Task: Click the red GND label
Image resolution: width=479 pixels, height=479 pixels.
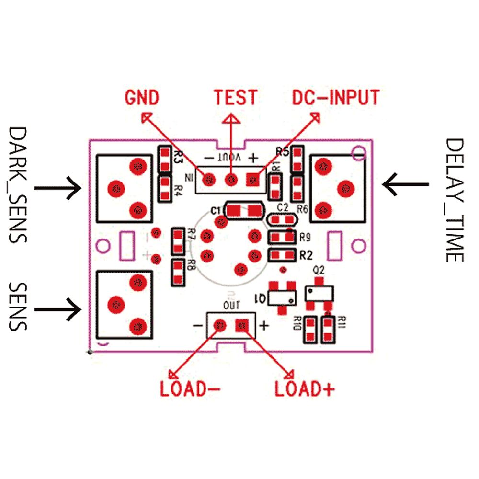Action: [x=141, y=98]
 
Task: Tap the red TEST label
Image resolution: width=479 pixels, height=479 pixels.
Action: [x=235, y=97]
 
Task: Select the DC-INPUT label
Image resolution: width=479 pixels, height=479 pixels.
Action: [x=336, y=97]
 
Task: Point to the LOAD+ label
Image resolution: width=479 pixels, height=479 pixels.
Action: [x=304, y=389]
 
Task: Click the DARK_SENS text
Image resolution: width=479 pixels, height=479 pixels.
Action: [x=19, y=184]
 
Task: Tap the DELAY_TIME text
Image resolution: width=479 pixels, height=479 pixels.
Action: [x=454, y=200]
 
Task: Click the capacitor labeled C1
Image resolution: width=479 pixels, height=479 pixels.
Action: [x=244, y=210]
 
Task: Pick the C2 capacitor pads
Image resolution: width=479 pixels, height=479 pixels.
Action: [x=282, y=220]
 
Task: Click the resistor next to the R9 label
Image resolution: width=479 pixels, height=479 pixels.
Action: [x=282, y=237]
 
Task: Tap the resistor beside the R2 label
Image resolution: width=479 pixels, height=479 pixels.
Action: [x=282, y=254]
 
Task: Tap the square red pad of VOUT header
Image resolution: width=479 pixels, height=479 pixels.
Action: [x=253, y=180]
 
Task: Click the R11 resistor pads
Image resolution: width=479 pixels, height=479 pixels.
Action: [x=328, y=329]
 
